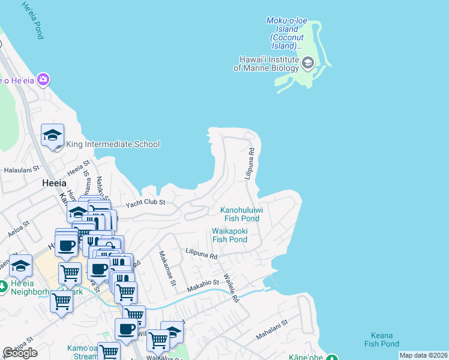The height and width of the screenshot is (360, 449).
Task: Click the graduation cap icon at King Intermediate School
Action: [52, 135]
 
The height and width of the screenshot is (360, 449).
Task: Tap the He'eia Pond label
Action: [32, 20]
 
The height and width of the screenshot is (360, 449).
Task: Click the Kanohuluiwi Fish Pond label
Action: [240, 214]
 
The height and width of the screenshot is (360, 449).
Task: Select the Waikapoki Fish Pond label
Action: [229, 235]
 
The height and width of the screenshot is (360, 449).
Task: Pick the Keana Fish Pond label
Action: [381, 340]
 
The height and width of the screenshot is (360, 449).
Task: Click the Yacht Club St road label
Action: [145, 203]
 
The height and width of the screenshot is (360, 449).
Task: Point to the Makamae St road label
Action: [166, 268]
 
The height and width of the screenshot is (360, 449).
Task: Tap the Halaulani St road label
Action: [21, 170]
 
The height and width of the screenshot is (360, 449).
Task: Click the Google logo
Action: [20, 352]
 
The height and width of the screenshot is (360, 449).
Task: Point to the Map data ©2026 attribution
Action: [423, 355]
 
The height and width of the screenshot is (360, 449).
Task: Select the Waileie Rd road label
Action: [231, 288]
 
